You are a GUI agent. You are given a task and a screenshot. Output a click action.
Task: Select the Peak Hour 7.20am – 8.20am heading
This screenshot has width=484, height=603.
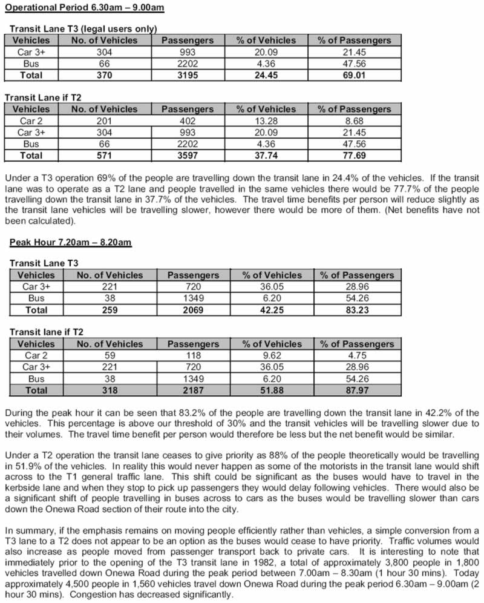tap(70, 242)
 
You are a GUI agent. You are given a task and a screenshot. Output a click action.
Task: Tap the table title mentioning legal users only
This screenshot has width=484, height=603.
tap(83, 28)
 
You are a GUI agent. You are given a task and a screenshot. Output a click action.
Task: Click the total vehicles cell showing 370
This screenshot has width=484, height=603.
tap(104, 75)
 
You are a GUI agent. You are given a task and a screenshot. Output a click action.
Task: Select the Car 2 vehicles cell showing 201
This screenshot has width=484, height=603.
tap(104, 121)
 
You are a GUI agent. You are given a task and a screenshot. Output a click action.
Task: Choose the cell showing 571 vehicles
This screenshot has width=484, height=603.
tap(104, 156)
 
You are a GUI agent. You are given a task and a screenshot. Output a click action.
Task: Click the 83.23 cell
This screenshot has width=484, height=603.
tap(357, 310)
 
